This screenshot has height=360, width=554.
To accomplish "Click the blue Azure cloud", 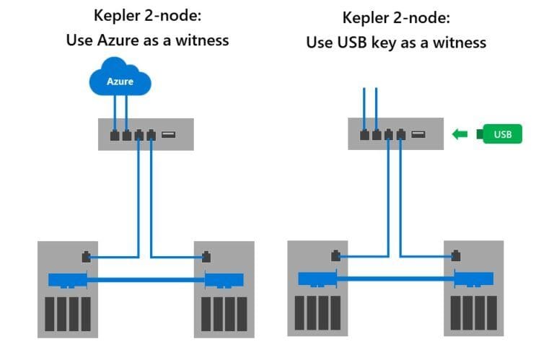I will (120, 82).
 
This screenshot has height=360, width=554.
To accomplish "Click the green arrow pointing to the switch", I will (460, 133).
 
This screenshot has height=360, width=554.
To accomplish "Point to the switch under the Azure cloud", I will (146, 134).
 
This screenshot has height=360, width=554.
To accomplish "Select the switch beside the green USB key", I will (396, 134).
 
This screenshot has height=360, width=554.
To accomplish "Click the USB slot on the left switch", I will (168, 134).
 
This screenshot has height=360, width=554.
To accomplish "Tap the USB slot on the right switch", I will (418, 134).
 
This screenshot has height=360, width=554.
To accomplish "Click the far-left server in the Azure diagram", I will (65, 289).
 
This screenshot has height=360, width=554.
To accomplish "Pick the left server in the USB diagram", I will (315, 289).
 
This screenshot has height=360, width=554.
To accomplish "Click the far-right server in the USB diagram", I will (472, 289).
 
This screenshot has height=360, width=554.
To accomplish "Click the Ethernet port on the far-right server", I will (456, 255).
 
